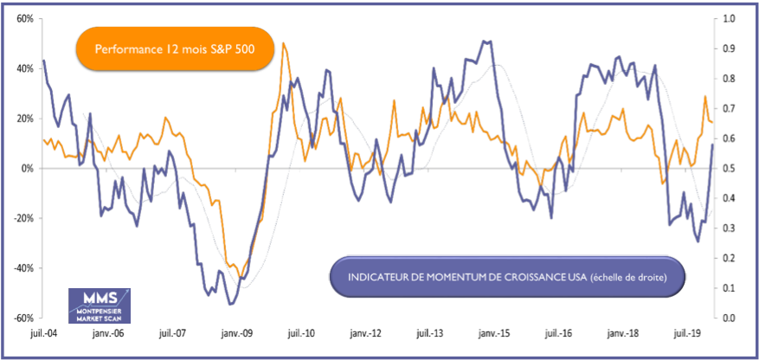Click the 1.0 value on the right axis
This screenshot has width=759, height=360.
click(x=728, y=18)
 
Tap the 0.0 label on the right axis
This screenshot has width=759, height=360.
click(x=728, y=318)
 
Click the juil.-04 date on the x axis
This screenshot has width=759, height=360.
click(x=44, y=333)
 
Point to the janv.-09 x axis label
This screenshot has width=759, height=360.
click(x=236, y=333)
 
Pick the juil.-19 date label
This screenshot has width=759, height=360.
click(x=687, y=333)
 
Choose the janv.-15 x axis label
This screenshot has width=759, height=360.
click(x=494, y=333)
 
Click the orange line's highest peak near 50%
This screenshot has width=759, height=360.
click(x=284, y=43)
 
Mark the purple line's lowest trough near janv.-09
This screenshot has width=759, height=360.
click(x=230, y=304)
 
